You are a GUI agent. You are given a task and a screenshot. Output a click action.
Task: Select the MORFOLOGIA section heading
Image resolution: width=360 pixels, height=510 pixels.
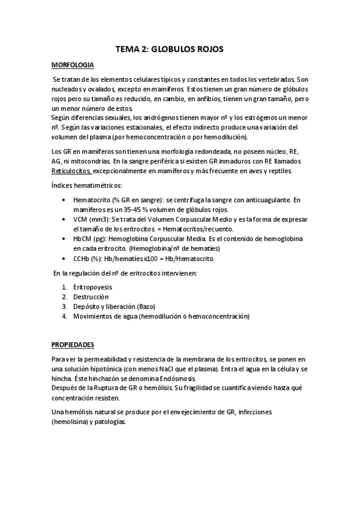72,65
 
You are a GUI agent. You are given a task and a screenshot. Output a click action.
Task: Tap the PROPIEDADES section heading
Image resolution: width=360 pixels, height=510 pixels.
73,345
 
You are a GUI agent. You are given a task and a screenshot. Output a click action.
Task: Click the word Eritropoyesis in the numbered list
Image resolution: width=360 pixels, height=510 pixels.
94,287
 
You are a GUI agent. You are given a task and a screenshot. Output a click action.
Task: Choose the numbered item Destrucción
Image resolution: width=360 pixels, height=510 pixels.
92,296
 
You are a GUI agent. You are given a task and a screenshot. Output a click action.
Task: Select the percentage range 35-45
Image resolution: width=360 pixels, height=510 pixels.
133,209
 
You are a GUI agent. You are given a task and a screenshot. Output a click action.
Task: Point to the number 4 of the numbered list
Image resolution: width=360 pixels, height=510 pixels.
64,316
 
